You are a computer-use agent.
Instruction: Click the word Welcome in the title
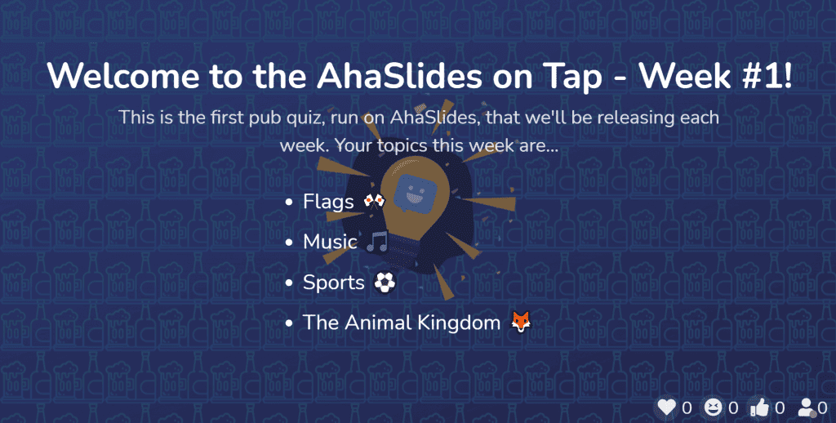(x=123, y=76)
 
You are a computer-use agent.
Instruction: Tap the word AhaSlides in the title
(x=399, y=76)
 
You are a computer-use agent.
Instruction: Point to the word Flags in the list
(x=328, y=202)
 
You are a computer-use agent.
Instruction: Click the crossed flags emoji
(x=374, y=201)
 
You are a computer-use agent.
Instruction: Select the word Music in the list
(x=330, y=242)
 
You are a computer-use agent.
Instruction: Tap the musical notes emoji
(x=377, y=242)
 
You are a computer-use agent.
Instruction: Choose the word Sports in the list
(x=334, y=283)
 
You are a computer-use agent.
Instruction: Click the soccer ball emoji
(x=385, y=283)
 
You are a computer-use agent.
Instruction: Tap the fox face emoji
(x=521, y=323)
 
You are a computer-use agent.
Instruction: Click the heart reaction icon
(x=666, y=408)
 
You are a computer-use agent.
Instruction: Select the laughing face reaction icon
(x=713, y=408)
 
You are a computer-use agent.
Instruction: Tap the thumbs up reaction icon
(x=759, y=408)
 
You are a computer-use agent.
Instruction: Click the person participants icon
(x=806, y=408)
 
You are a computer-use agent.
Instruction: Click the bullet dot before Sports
(x=289, y=283)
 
